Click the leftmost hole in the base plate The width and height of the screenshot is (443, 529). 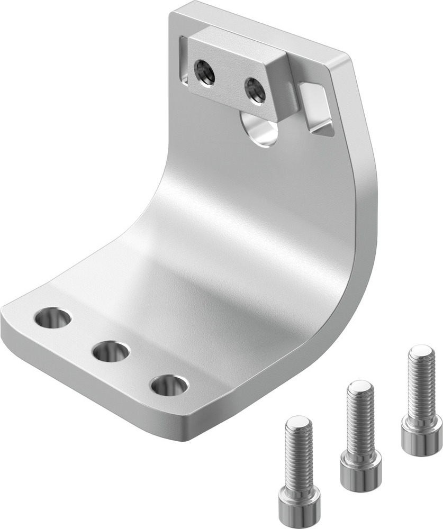pos(52,318)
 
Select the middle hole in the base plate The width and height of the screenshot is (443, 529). pos(111,351)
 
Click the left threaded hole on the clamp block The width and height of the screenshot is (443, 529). pos(204,71)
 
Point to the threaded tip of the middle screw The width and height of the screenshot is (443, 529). pos(360,387)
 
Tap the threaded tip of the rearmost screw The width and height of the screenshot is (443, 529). pos(422,351)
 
